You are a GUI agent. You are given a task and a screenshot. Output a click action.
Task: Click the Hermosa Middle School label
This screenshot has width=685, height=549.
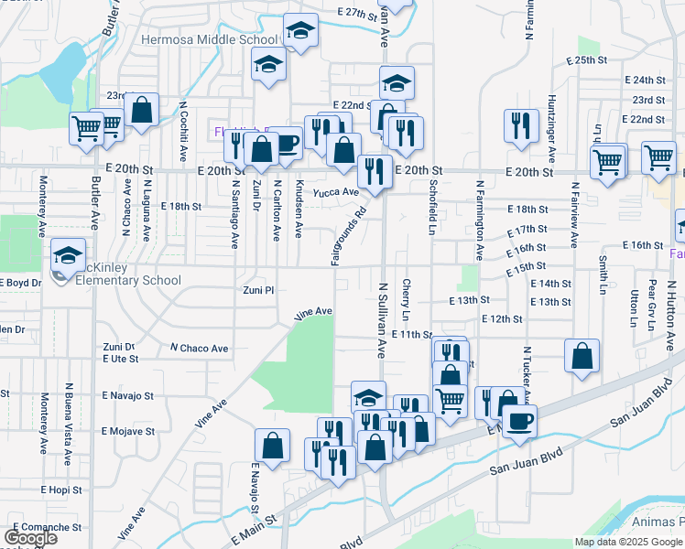click(210, 40)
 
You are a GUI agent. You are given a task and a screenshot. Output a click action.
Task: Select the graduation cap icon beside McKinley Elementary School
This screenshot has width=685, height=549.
click(68, 257)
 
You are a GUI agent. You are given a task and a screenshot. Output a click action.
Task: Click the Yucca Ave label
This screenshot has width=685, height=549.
click(335, 192)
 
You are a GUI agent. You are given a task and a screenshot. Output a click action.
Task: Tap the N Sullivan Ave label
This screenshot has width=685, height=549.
click(383, 319)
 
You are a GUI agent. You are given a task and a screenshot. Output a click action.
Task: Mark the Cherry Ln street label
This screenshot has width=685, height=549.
click(406, 300)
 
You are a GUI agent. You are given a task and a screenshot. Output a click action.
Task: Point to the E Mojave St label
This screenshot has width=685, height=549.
click(128, 430)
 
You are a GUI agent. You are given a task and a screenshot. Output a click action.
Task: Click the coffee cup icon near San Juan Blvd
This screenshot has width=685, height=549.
click(520, 422)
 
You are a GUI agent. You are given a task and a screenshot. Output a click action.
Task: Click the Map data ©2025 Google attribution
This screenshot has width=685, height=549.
click(628, 542)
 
